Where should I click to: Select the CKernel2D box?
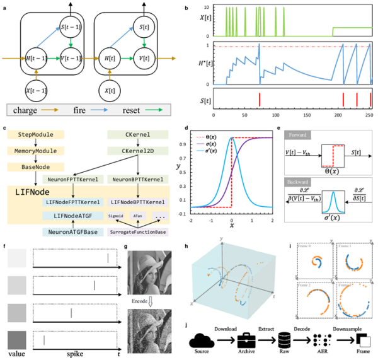(134, 151)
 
